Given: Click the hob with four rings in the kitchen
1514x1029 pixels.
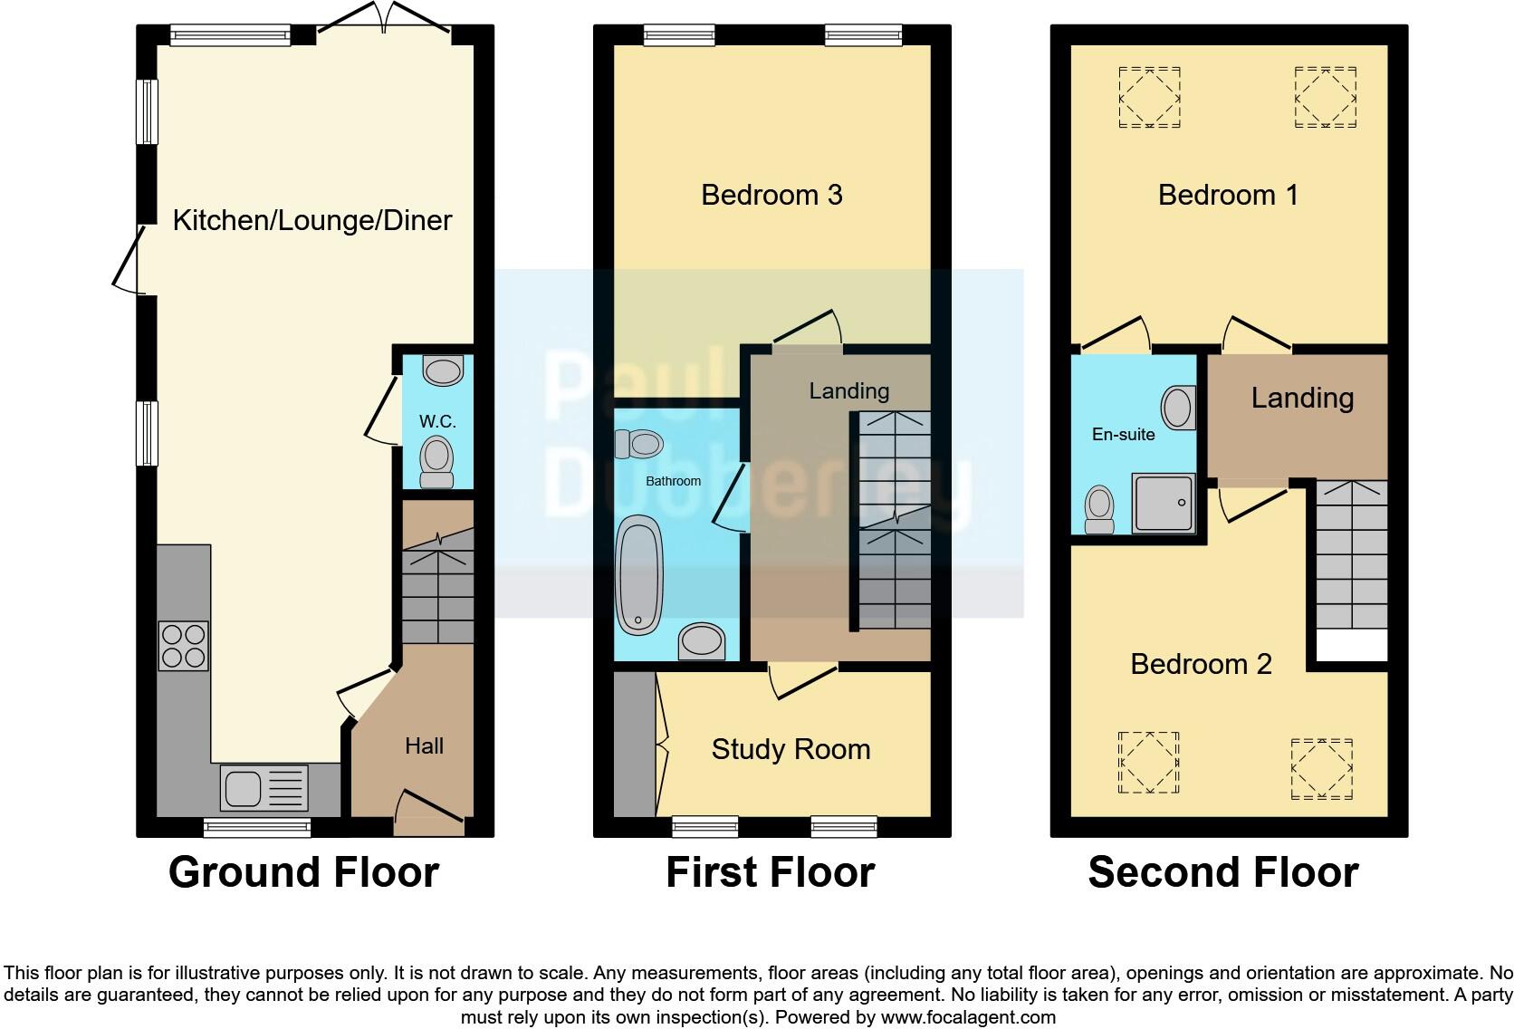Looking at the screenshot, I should pyautogui.click(x=184, y=645).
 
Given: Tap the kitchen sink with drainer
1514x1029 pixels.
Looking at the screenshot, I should pyautogui.click(x=264, y=787).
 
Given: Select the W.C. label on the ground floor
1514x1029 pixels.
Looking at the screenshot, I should pyautogui.click(x=437, y=421).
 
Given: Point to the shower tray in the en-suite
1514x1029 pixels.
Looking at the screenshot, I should pyautogui.click(x=1164, y=502).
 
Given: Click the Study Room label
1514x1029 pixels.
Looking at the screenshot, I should pyautogui.click(x=791, y=749).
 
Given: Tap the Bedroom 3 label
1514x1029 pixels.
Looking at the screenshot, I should pyautogui.click(x=771, y=195).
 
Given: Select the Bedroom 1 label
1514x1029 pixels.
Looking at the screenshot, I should pyautogui.click(x=1228, y=195).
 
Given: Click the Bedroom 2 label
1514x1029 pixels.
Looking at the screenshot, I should pyautogui.click(x=1201, y=664).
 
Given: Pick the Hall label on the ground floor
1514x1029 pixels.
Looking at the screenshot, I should pyautogui.click(x=424, y=745).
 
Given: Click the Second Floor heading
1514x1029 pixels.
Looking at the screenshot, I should pyautogui.click(x=1222, y=872).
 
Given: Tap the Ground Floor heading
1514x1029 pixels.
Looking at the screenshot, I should pyautogui.click(x=303, y=872).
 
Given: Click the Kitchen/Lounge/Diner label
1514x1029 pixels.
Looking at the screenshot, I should pyautogui.click(x=311, y=220).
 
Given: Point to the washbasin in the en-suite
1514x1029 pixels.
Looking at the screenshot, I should pyautogui.click(x=1178, y=408).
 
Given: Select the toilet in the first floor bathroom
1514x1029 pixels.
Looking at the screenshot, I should pyautogui.click(x=638, y=444).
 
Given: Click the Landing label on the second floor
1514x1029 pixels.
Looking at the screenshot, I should pyautogui.click(x=1302, y=398).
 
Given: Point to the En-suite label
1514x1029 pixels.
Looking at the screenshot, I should pyautogui.click(x=1123, y=435).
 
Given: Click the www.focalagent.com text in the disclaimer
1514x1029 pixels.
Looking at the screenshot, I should pyautogui.click(x=968, y=1017).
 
